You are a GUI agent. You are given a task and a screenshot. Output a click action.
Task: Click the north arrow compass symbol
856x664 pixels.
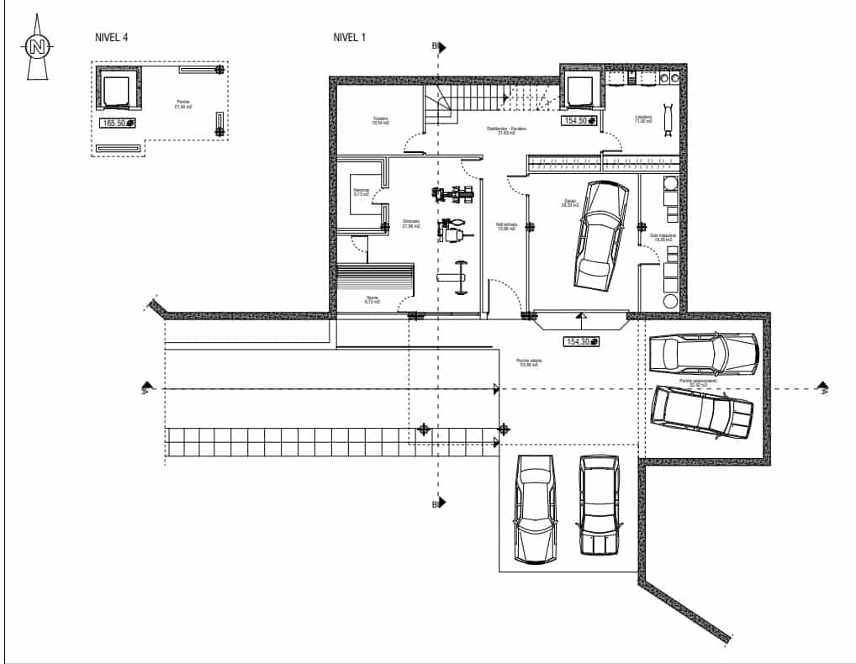pos(36,48)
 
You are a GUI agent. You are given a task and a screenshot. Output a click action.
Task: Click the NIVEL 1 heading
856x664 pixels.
pos(349,37)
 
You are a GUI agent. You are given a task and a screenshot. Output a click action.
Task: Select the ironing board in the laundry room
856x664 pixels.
pos(668,118)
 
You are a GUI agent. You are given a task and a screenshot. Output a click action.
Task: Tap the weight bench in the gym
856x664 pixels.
pos(459,277)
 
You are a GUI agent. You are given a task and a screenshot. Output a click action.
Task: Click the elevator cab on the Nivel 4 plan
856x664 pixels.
pos(117,88)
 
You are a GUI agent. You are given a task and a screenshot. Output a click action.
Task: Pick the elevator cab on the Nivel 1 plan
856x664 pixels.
pos(579,89)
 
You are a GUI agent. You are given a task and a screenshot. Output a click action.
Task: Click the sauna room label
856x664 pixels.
pos(372,299)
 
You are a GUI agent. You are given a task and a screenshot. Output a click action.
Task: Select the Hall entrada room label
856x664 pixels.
pos(505,227)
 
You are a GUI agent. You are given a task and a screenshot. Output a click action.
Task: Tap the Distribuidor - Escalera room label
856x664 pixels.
pos(506,130)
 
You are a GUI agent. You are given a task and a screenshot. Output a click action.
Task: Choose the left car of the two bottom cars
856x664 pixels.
pos(536,510)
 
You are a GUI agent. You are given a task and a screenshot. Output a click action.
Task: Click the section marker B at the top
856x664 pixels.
pos(436,45)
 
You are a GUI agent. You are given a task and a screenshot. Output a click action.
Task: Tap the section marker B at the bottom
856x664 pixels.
pos(436,504)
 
